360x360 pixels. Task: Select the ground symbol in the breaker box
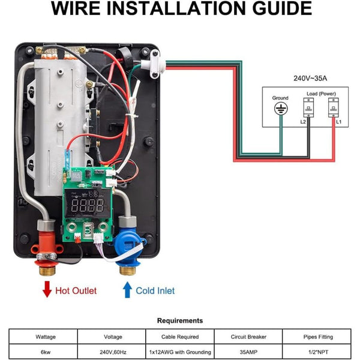pyautogui.click(x=280, y=109)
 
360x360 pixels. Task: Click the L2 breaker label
pyautogui.click(x=304, y=121)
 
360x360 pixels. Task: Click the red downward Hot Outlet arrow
pyautogui.click(x=47, y=290)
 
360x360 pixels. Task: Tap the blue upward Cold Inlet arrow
pyautogui.click(x=127, y=290)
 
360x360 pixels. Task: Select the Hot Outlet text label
pyautogui.click(x=76, y=290)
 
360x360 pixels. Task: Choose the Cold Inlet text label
pyautogui.click(x=155, y=290)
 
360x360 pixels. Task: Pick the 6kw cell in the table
pyautogui.click(x=45, y=352)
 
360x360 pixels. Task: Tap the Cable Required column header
pyautogui.click(x=179, y=337)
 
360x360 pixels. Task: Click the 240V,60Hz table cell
pyautogui.click(x=112, y=352)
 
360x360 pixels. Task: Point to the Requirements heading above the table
pyautogui.click(x=179, y=320)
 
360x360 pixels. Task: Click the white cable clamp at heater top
pyautogui.click(x=154, y=61)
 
